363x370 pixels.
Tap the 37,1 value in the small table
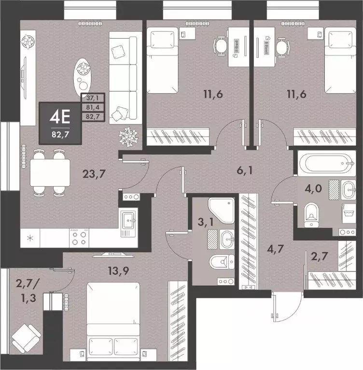point(91,99)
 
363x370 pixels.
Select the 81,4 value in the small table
point(91,108)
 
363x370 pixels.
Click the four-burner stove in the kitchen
point(79,237)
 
